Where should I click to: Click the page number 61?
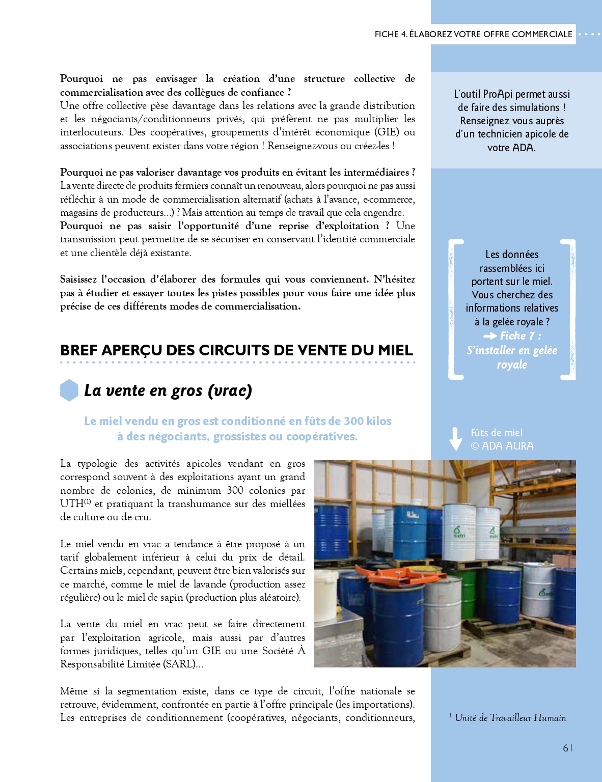coord(567,748)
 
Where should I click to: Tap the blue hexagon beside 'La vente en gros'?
coord(69,390)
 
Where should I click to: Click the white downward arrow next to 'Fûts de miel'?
coord(456,439)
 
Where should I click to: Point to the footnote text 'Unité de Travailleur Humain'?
coord(510,718)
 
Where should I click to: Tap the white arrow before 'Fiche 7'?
coord(490,336)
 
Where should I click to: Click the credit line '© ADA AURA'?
coord(502,446)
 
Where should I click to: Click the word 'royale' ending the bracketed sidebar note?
coord(512,365)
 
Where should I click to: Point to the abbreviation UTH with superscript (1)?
coord(75,504)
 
